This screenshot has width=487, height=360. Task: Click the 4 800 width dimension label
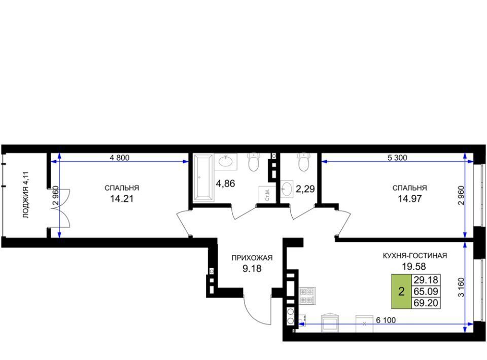coord(120,158)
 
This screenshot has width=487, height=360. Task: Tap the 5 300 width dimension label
coord(397,158)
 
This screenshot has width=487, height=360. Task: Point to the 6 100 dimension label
coord(386,320)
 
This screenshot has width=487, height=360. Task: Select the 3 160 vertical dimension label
coord(461,287)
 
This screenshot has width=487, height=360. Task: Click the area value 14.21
coord(122,199)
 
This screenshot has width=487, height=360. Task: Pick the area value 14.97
coord(410,199)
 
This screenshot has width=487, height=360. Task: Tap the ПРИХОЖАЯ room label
coord(252,258)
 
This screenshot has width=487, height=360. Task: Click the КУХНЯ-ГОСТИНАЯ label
coord(414,256)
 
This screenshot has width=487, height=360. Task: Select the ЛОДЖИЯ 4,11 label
coord(26,195)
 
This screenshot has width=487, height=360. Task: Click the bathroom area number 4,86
coord(225,184)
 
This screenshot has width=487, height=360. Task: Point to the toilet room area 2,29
coord(305,189)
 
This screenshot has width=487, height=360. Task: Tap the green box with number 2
coord(401,292)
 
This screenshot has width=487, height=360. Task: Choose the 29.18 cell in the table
coord(426,280)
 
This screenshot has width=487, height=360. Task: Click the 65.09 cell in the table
coord(426,292)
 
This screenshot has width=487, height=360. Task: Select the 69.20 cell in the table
coord(426,303)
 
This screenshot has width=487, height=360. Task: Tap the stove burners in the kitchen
coord(307,296)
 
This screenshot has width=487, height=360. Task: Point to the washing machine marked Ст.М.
coord(267,194)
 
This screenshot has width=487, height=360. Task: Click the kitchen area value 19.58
coord(414,266)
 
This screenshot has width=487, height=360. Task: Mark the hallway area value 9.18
coord(252,268)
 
